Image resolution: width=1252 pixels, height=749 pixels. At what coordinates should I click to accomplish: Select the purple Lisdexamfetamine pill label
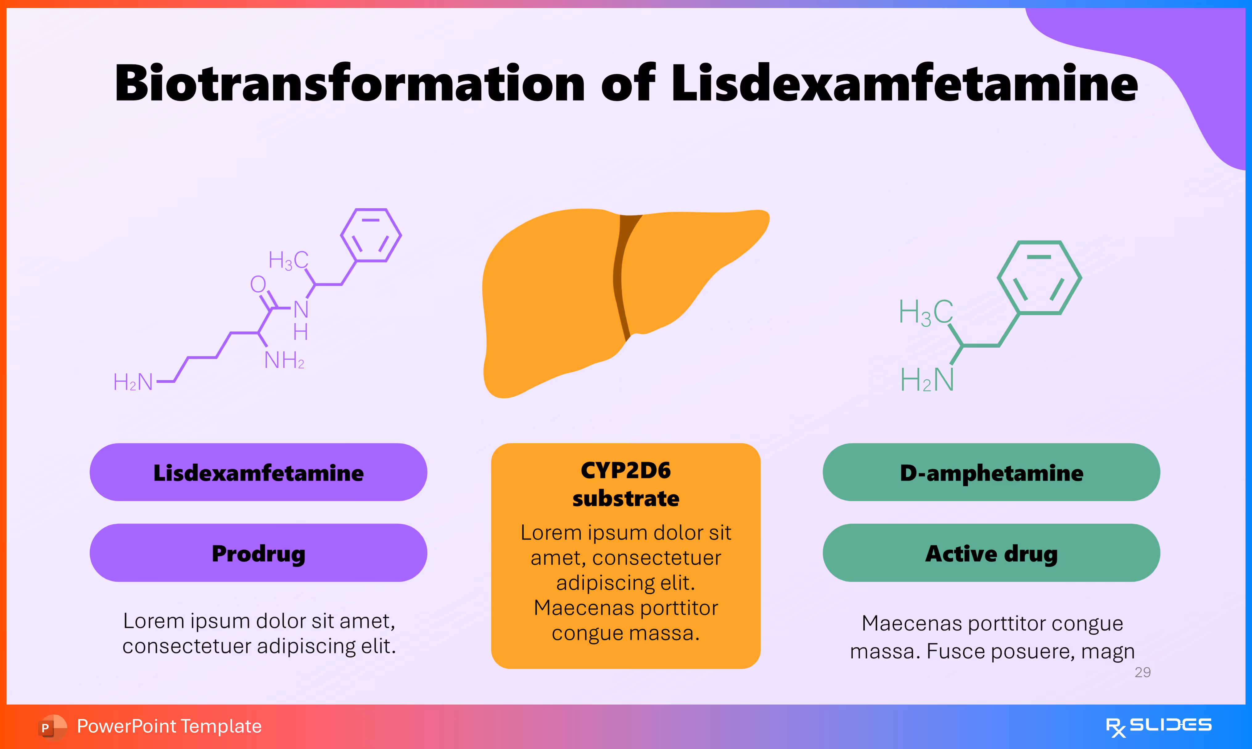tap(258, 473)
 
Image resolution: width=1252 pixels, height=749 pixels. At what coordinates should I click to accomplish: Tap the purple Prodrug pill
tap(258, 553)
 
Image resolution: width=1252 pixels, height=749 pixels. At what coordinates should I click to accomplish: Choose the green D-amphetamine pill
tap(991, 473)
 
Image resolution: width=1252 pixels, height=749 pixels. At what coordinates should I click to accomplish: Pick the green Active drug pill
tap(991, 553)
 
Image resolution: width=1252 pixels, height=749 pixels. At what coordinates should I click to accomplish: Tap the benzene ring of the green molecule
tap(1039, 278)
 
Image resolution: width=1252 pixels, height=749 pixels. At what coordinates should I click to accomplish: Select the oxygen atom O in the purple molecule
tap(258, 284)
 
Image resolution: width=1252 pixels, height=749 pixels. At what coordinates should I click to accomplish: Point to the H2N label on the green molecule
tap(927, 379)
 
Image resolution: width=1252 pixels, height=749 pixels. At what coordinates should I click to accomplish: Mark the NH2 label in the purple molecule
tap(284, 360)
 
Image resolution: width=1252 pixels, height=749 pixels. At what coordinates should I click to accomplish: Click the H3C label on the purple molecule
tap(288, 260)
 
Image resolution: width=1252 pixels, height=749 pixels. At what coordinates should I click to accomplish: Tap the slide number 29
tap(1143, 672)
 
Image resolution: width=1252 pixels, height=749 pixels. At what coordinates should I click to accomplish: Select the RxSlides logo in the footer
tap(1158, 726)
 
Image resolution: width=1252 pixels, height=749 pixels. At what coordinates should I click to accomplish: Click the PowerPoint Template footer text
tap(169, 726)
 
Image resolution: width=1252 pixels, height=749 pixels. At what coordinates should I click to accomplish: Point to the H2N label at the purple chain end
tap(133, 382)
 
